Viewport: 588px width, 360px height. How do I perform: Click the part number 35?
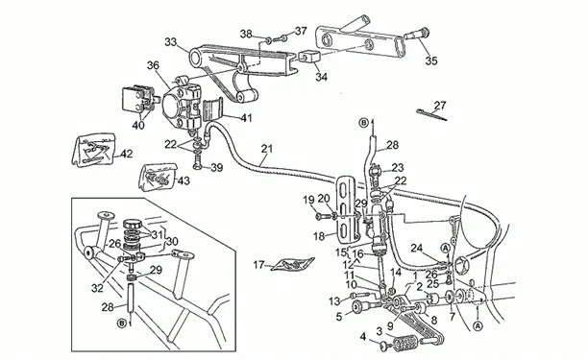tap(431, 60)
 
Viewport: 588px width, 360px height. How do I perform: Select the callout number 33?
tap(171, 42)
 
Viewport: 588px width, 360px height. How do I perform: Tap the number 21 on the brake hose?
tap(267, 149)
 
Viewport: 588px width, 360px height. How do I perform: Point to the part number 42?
tap(127, 154)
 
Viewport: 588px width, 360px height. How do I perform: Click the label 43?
tap(184, 180)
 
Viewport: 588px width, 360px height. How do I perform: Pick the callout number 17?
tap(258, 265)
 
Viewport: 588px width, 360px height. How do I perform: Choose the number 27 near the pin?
tap(440, 106)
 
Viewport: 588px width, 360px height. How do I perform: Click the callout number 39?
tap(216, 167)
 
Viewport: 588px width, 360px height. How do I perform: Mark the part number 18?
tap(319, 236)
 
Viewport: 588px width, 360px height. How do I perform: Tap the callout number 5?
tap(339, 317)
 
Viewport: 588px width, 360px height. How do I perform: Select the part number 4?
tap(362, 336)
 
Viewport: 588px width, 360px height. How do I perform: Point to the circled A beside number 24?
tap(446, 248)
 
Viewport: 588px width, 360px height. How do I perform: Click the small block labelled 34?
tap(309, 57)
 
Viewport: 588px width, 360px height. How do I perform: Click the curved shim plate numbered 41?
tap(212, 109)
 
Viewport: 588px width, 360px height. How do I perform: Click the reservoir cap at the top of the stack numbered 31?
tap(133, 226)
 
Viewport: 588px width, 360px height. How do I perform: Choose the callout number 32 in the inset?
tap(97, 288)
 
